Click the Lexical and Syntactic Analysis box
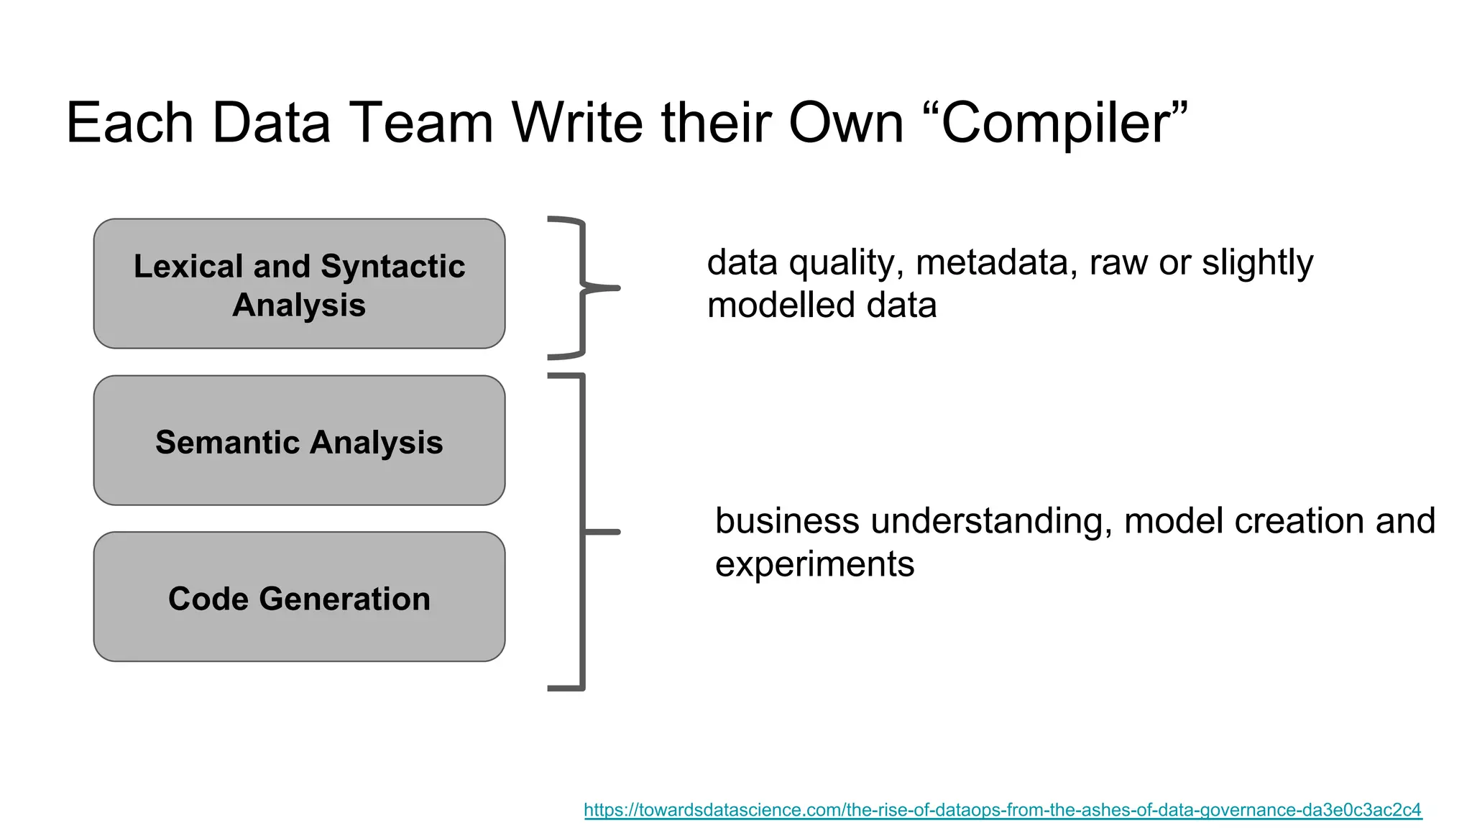click(x=299, y=284)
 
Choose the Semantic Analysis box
click(x=299, y=441)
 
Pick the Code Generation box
click(x=299, y=597)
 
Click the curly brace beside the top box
click(x=582, y=287)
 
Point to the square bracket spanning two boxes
click(x=582, y=532)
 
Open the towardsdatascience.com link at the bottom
click(x=1002, y=810)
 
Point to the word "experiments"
click(x=814, y=564)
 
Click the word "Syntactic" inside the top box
click(x=392, y=267)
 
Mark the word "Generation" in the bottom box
click(x=344, y=599)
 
